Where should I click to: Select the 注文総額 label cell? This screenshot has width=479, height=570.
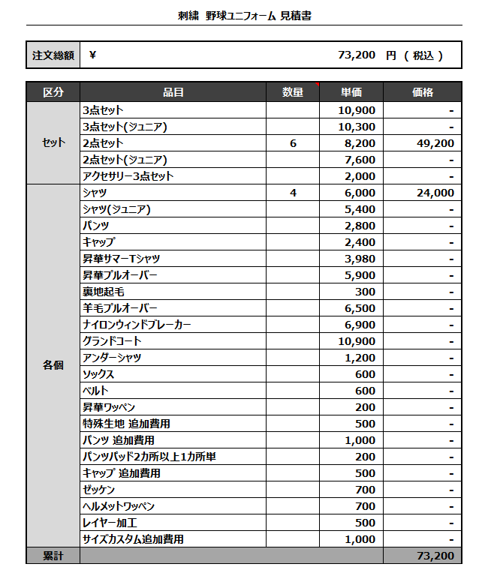coord(53,55)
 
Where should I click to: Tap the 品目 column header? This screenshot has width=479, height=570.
coord(173,92)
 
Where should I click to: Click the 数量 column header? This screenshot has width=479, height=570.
coord(293,92)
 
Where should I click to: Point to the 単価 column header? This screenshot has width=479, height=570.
coord(351,92)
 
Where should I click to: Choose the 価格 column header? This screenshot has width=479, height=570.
coord(423,92)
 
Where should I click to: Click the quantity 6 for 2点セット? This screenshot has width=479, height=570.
coord(293,143)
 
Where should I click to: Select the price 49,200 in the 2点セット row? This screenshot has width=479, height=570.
coord(435,143)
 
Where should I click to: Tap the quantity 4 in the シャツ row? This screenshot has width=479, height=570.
coord(293,193)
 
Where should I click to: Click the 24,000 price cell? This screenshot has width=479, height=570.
coord(435,193)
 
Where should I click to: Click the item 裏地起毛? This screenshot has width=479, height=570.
coord(103,292)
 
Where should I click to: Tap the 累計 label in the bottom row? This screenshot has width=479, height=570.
coord(53,556)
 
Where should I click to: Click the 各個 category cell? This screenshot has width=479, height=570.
coord(53,366)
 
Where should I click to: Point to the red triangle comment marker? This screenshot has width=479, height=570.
coord(318,84)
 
